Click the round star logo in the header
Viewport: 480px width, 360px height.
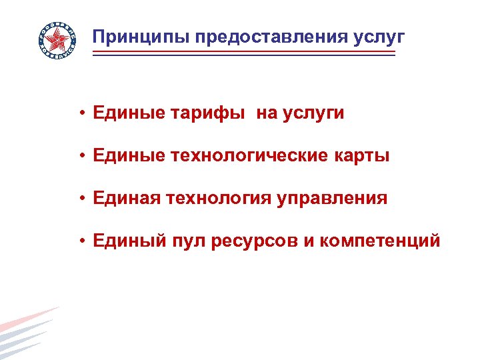[57, 41]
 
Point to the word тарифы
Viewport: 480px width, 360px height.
[209, 113]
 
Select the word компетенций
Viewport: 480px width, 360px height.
[380, 241]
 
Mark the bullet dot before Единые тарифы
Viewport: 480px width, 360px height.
[79, 114]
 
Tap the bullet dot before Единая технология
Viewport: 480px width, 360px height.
[79, 199]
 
